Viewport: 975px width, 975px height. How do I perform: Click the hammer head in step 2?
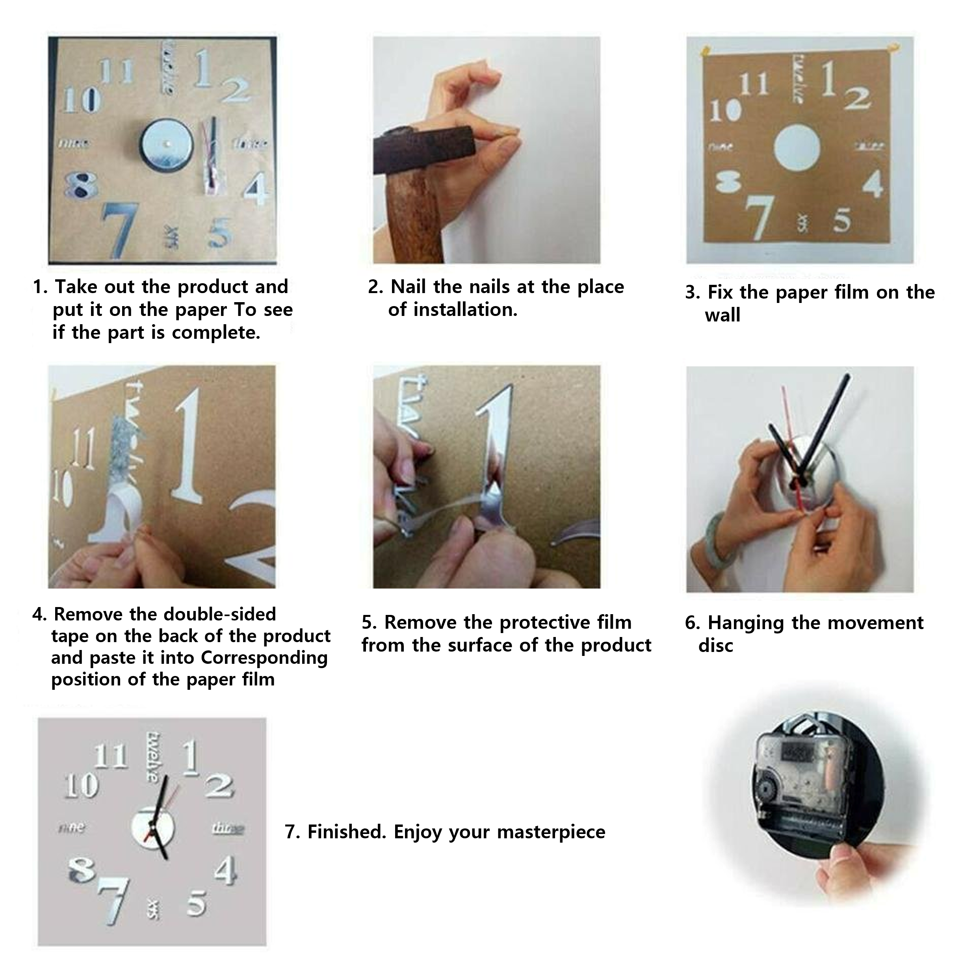tap(424, 150)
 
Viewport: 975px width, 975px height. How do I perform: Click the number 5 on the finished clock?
tap(196, 903)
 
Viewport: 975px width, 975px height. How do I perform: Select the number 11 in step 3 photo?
tap(754, 84)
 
